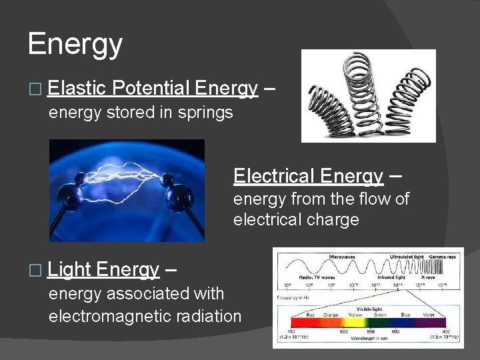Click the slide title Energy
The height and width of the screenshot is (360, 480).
(75, 45)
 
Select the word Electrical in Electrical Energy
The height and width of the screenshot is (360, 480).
(274, 176)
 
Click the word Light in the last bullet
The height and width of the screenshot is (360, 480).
(70, 269)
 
